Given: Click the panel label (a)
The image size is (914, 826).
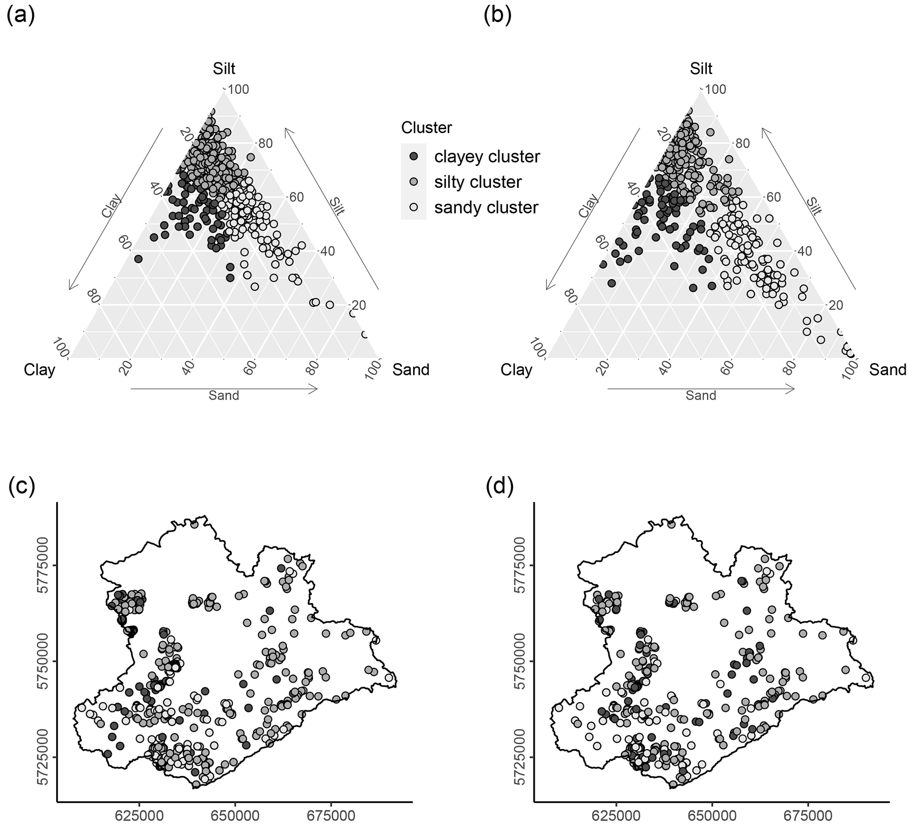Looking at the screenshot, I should [21, 16].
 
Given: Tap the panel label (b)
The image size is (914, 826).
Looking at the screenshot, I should [497, 16].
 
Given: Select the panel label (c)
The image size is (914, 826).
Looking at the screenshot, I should [21, 487].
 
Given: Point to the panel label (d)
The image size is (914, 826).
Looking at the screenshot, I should [499, 487].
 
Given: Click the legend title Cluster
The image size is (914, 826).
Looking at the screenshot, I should [426, 128].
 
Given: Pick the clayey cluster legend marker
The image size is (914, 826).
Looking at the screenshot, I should [413, 157].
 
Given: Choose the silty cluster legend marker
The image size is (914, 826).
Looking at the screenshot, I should [413, 182].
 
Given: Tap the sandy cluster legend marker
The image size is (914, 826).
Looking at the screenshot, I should [413, 207].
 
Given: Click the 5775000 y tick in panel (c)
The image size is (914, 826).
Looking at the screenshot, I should [42, 565].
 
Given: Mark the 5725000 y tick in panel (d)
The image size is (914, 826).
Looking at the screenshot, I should [520, 757].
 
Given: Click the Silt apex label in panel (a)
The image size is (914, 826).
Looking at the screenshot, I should [224, 69].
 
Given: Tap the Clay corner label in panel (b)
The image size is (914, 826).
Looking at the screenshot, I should [516, 370].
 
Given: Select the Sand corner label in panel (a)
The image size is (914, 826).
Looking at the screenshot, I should [411, 370].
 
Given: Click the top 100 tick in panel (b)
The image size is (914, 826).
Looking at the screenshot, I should [715, 89].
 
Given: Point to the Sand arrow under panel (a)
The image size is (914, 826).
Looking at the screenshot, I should [224, 389].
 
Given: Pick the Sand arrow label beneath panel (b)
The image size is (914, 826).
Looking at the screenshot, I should [700, 396].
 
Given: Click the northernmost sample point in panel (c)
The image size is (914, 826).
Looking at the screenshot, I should [195, 524].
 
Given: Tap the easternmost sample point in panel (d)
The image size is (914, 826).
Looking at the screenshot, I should [866, 678].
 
